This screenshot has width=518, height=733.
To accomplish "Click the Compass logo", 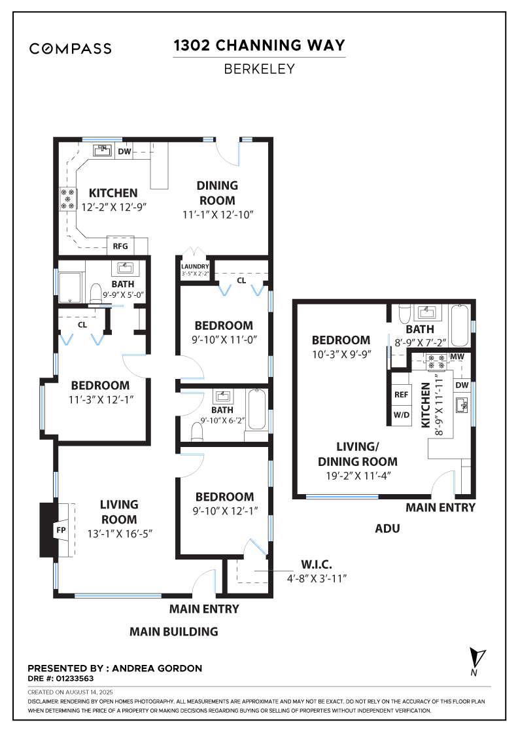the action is point(70,48).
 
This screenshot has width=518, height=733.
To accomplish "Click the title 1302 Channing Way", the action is point(259,45).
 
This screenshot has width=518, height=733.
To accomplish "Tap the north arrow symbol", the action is point(477,658).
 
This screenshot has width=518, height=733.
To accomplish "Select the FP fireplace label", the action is point(61,530).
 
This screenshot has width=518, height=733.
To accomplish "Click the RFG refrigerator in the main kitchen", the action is point(120,246).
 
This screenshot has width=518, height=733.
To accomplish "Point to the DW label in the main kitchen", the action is point(124,151).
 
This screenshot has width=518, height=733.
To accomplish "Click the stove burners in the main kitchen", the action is point(68,199).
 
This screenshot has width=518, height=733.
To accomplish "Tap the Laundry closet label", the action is point(195,266).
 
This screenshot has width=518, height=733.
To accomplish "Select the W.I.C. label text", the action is point(316,564).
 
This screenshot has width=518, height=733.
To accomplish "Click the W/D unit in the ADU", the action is point(401,415).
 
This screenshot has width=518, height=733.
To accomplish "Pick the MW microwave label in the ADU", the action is point(457,357).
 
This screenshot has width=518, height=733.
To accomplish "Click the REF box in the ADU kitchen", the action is point(401,394).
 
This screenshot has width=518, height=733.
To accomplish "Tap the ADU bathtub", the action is point(460,325).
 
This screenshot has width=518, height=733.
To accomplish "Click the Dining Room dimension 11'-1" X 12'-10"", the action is point(218,215).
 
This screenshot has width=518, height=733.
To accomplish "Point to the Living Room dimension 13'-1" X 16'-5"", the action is point(120,533).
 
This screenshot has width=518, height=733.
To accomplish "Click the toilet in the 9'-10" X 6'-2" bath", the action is point(197,433).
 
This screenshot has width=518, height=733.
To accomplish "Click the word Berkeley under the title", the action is point(259,69).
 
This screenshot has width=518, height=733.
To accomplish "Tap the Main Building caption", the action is point(174,632).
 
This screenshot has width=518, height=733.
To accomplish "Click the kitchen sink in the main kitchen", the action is point(102,151).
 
